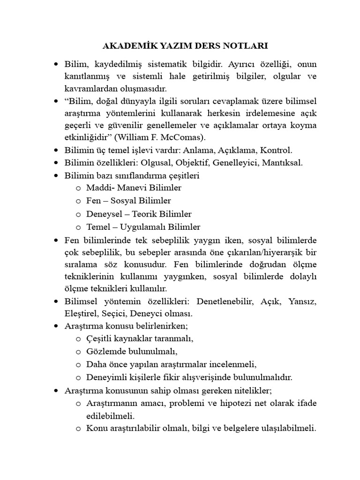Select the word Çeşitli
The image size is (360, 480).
click(x=100, y=338)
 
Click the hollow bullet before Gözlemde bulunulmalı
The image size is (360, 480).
click(x=78, y=352)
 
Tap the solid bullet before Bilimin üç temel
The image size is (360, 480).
click(x=57, y=150)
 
